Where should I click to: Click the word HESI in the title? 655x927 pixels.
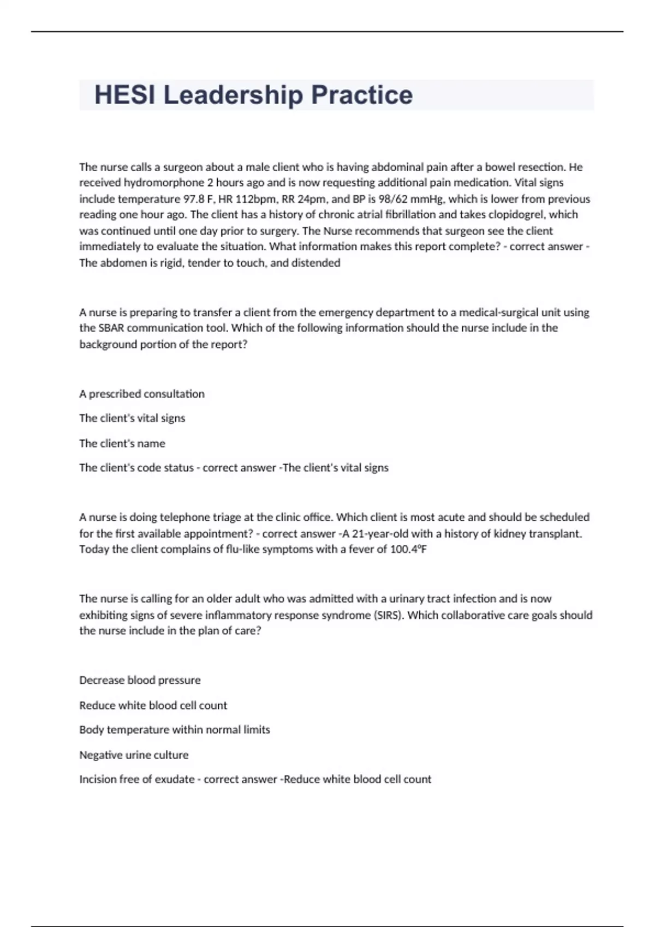[126, 95]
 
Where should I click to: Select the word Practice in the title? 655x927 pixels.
[362, 95]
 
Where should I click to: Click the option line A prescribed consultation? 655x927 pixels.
[142, 394]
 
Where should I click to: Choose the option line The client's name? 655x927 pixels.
[122, 443]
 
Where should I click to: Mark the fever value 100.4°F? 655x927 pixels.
[408, 549]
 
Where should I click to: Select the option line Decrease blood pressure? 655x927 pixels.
[140, 680]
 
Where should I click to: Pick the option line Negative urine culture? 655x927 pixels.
[134, 755]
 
